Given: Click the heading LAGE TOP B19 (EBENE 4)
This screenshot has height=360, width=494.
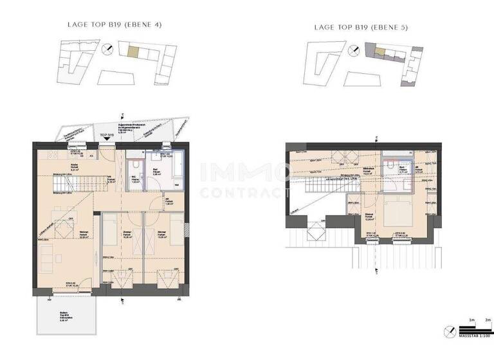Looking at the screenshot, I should pyautogui.click(x=114, y=25).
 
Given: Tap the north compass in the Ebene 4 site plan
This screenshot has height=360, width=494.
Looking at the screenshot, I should pyautogui.click(x=110, y=48).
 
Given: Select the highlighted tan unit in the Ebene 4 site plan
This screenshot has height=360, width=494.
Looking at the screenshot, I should pyautogui.click(x=132, y=52).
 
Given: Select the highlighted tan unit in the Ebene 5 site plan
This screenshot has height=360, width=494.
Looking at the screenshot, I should pyautogui.click(x=380, y=50).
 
